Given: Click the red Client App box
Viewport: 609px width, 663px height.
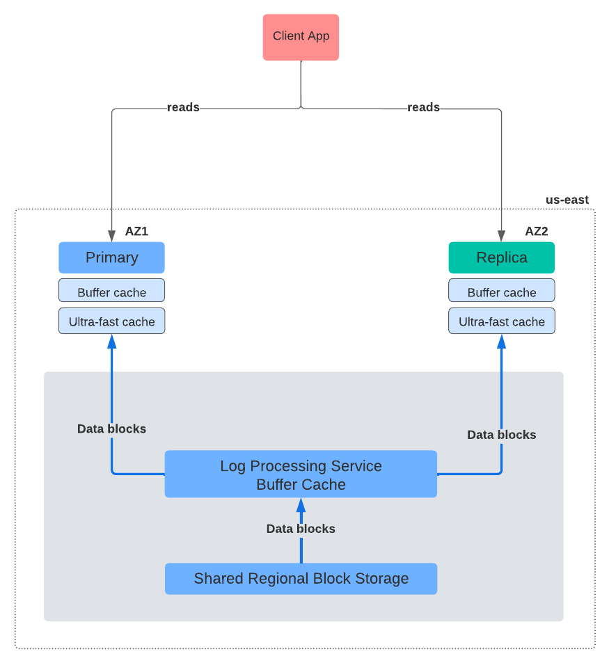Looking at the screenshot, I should click(x=301, y=37).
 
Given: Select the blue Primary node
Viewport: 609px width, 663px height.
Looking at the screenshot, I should click(x=111, y=257).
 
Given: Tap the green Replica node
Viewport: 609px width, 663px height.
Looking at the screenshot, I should click(x=501, y=257).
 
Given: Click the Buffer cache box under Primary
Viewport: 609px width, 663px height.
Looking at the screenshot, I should click(x=111, y=292).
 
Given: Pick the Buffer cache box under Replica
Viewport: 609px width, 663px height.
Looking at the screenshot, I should click(x=501, y=292).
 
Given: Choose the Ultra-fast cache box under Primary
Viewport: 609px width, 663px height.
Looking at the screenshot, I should click(x=111, y=321).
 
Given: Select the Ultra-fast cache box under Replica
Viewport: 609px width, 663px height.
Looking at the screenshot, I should click(x=501, y=321).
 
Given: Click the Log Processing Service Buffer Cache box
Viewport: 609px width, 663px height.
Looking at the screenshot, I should click(x=301, y=474).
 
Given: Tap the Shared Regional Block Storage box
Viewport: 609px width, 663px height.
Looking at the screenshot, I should click(x=301, y=578).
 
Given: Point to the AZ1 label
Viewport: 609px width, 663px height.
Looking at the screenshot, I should click(x=136, y=232).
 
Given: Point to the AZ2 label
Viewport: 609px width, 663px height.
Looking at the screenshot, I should click(x=536, y=232).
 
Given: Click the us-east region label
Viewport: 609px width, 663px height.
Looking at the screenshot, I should click(x=567, y=200).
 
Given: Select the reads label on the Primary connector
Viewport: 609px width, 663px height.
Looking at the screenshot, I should click(x=183, y=107).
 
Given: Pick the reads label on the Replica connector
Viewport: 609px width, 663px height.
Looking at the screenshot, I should click(x=423, y=107).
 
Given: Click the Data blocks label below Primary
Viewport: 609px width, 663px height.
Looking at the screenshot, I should click(x=111, y=429).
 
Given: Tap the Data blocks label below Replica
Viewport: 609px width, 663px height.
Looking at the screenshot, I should click(x=501, y=435).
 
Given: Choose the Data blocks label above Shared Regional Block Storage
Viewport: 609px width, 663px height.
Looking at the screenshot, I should click(x=301, y=529).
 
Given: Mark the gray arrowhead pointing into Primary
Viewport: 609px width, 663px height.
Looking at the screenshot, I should click(x=111, y=235).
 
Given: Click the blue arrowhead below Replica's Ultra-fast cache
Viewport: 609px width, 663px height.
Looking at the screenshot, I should click(x=501, y=341).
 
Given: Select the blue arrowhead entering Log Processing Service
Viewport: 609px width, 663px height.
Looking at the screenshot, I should click(x=301, y=504).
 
